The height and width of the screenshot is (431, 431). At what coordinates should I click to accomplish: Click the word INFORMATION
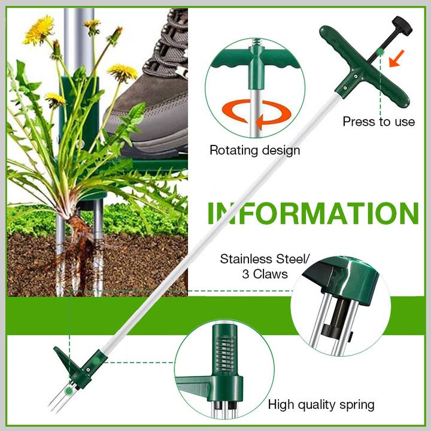coord(312,214)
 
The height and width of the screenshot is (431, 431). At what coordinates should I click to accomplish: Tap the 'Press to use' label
coord(378,122)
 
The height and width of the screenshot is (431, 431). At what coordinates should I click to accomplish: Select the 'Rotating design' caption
coord(254,150)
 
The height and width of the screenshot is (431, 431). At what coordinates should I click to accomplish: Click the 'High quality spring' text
coord(321,405)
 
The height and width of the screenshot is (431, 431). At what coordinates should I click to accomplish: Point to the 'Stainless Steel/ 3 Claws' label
coord(265,266)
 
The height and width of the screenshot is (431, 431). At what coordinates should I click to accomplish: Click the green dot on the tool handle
coord(381,53)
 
